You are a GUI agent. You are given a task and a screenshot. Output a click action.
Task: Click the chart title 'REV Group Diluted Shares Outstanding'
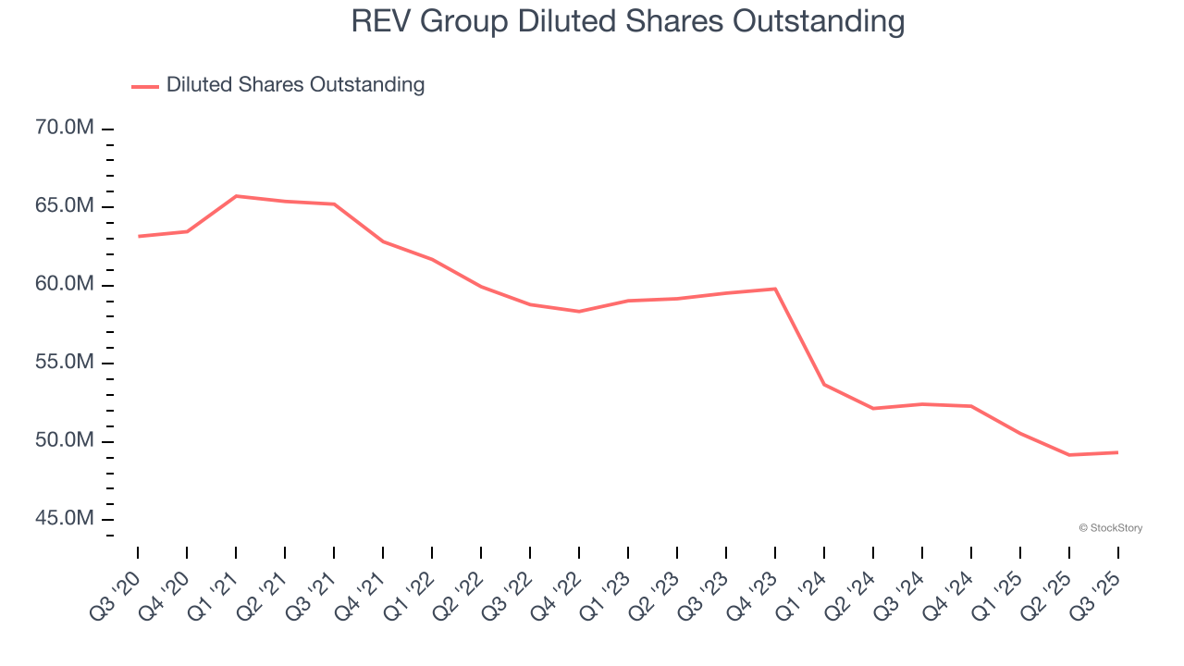(x=627, y=20)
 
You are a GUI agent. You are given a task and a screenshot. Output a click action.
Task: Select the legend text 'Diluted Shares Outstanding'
(x=295, y=85)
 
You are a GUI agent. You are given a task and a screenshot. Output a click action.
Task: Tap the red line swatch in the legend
(x=145, y=86)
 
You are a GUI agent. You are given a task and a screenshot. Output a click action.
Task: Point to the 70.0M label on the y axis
(x=64, y=128)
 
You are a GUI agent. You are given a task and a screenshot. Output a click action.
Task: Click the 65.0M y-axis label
(x=64, y=205)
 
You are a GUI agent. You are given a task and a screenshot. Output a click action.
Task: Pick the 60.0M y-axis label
(x=64, y=284)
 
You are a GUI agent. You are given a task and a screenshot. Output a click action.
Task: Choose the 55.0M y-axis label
(x=64, y=362)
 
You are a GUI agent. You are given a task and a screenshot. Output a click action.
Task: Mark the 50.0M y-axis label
(x=64, y=440)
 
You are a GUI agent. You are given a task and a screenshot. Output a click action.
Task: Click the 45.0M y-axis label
(x=64, y=518)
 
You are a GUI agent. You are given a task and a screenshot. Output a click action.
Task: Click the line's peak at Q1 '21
(x=236, y=196)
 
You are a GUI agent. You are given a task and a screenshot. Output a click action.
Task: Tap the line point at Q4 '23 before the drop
(x=775, y=289)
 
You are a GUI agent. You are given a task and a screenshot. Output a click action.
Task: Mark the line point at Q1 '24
(x=824, y=384)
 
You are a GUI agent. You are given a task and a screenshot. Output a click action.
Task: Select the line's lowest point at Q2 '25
(x=1069, y=455)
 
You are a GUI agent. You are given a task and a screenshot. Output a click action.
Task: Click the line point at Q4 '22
(x=579, y=312)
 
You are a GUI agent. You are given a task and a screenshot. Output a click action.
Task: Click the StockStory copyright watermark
(x=1110, y=528)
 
